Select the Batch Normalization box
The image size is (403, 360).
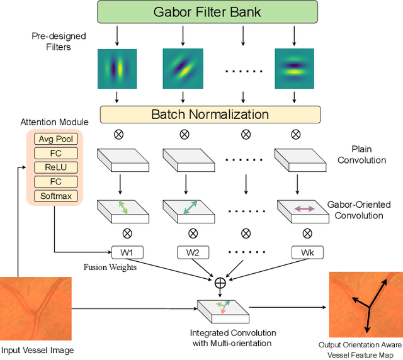tap(209, 114)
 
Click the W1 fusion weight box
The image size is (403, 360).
tap(127, 252)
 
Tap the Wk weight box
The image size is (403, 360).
tap(307, 252)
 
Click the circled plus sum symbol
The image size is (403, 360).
tap(220, 283)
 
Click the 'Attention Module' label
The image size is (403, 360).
tap(55, 121)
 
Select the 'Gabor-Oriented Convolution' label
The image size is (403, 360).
tap(359, 210)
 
